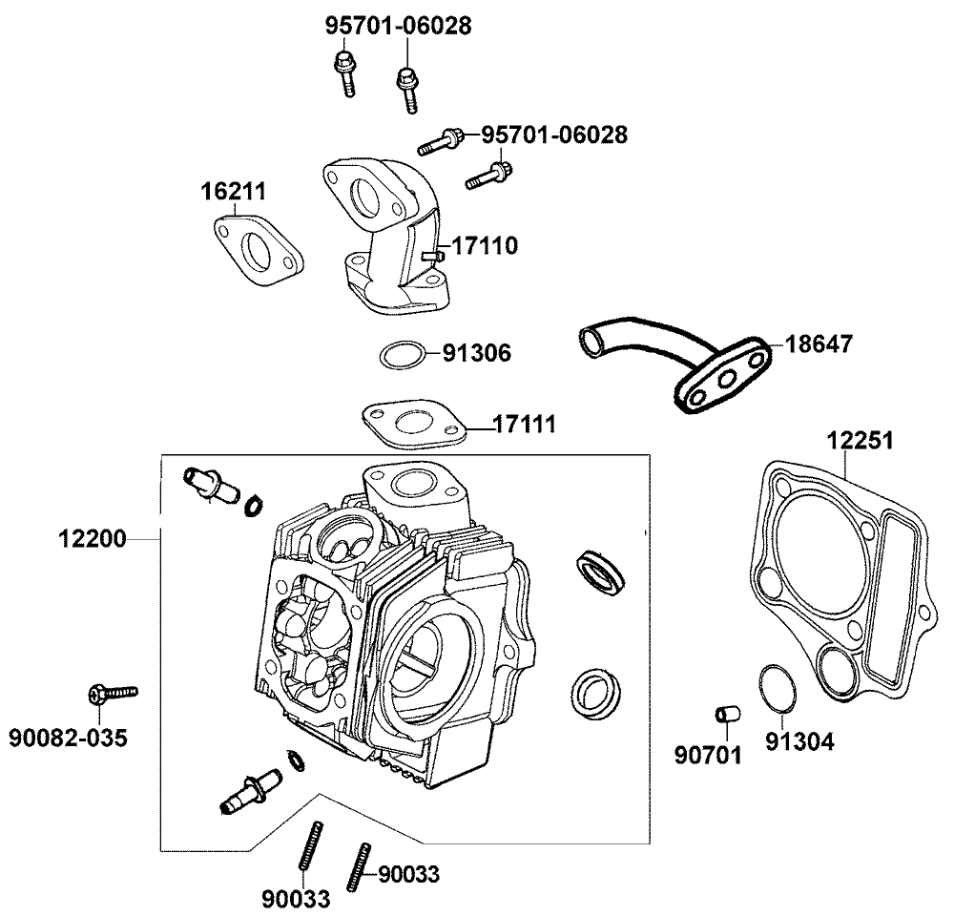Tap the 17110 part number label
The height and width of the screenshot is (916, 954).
[485, 247]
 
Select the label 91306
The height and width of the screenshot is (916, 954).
[476, 354]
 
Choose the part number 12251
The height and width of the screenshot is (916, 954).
[861, 441]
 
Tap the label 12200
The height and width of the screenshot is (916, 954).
[93, 539]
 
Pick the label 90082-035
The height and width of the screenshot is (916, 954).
[68, 738]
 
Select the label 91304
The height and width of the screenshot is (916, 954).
[800, 741]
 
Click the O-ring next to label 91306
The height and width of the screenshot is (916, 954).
[402, 356]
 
